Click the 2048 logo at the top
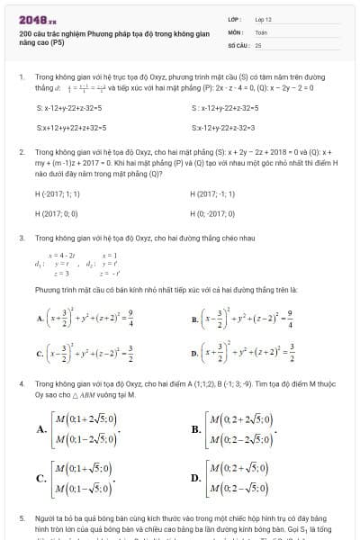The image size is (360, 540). [34, 18]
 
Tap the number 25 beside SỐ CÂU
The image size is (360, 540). [258, 43]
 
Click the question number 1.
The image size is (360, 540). [21, 78]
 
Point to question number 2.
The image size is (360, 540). [21, 154]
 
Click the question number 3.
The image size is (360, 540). [21, 238]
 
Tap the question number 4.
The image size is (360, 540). [21, 383]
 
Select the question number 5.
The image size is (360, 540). [21, 519]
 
